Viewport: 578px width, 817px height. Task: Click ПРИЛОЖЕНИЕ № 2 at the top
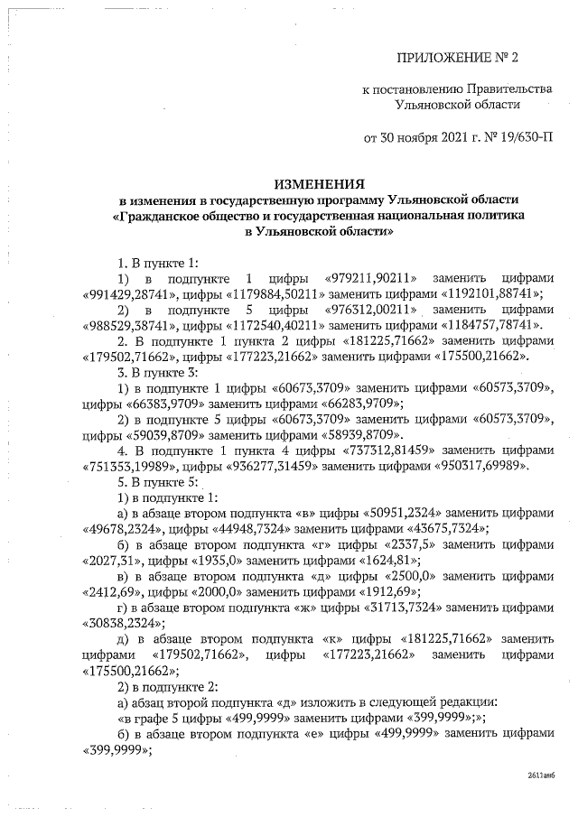tap(459, 59)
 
